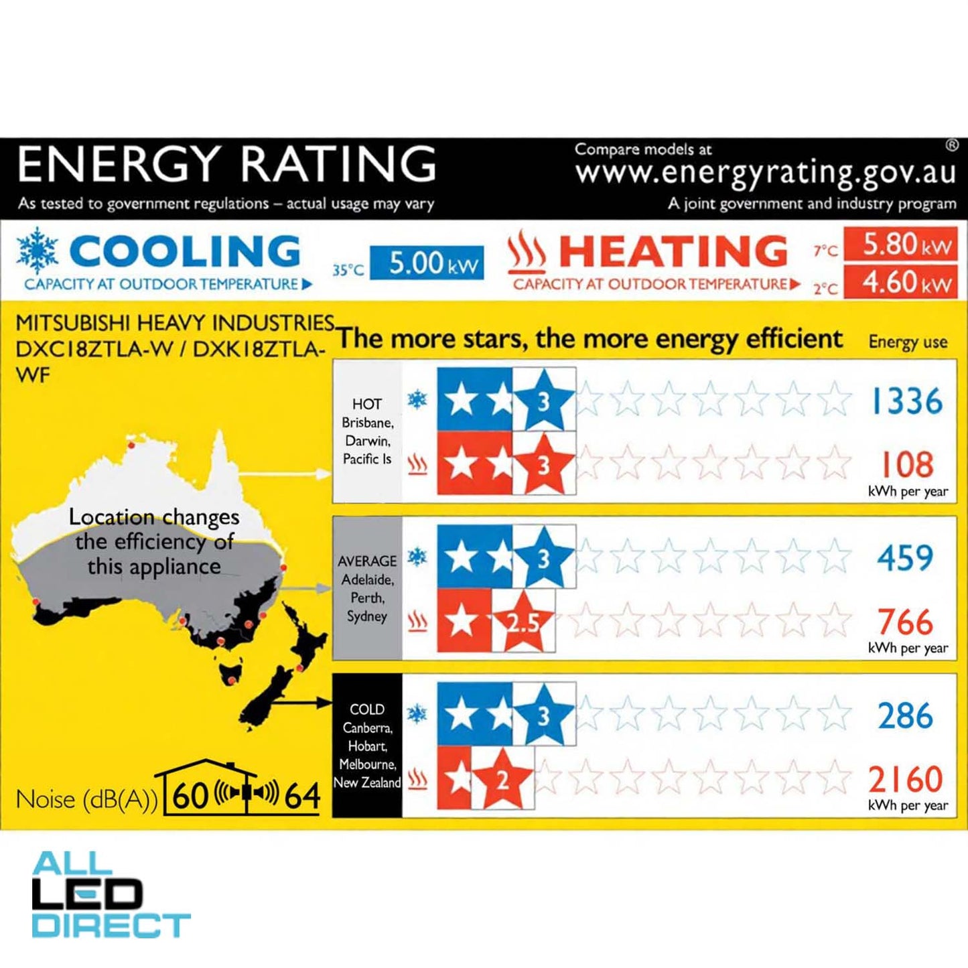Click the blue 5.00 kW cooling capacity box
click(x=427, y=263)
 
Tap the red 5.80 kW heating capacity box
click(x=900, y=245)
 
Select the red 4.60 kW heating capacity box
click(x=900, y=282)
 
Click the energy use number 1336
click(x=906, y=402)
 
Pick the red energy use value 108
click(x=906, y=464)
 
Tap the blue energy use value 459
click(x=905, y=558)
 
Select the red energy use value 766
click(x=905, y=622)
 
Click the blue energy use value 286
click(x=905, y=715)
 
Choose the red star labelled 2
click(x=502, y=778)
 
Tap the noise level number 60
click(x=190, y=796)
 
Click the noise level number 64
click(x=302, y=796)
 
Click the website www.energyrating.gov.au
click(x=765, y=173)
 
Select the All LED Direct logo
click(x=111, y=894)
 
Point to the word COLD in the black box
click(x=367, y=709)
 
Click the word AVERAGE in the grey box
click(x=367, y=561)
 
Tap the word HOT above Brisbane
click(x=367, y=404)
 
